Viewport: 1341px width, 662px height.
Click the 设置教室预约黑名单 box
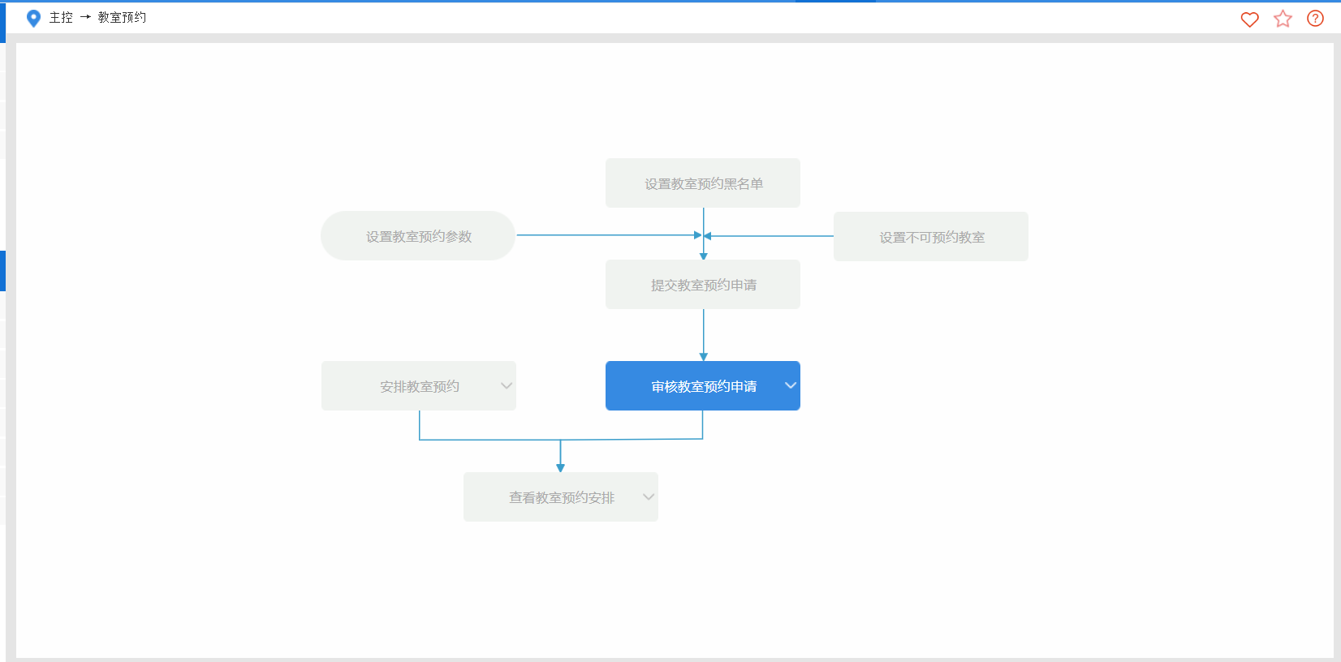703,183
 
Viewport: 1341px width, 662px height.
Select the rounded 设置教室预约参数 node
418,236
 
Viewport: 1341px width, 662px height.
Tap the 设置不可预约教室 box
931,236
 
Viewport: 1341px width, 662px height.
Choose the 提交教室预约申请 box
703,284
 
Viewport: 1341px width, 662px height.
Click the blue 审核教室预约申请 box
703,385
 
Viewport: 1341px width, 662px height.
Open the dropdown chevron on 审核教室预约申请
791,385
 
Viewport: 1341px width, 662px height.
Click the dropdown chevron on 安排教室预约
507,385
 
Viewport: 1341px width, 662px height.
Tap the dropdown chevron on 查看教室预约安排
649,496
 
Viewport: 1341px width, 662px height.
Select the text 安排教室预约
420,387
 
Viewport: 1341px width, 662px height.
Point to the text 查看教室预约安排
562,498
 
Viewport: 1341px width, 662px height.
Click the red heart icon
1249,19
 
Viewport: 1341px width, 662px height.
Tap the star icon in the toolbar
1283,19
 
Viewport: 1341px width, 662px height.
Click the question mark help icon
1315,19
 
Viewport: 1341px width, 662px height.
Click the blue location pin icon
33,19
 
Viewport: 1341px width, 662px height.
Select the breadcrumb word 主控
61,17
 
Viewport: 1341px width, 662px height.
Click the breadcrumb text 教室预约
122,17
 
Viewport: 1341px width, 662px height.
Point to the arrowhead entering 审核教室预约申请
704,357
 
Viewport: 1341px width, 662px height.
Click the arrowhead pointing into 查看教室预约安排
560,468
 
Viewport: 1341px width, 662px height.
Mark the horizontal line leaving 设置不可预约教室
769,236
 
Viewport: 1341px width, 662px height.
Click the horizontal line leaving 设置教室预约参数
609,235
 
